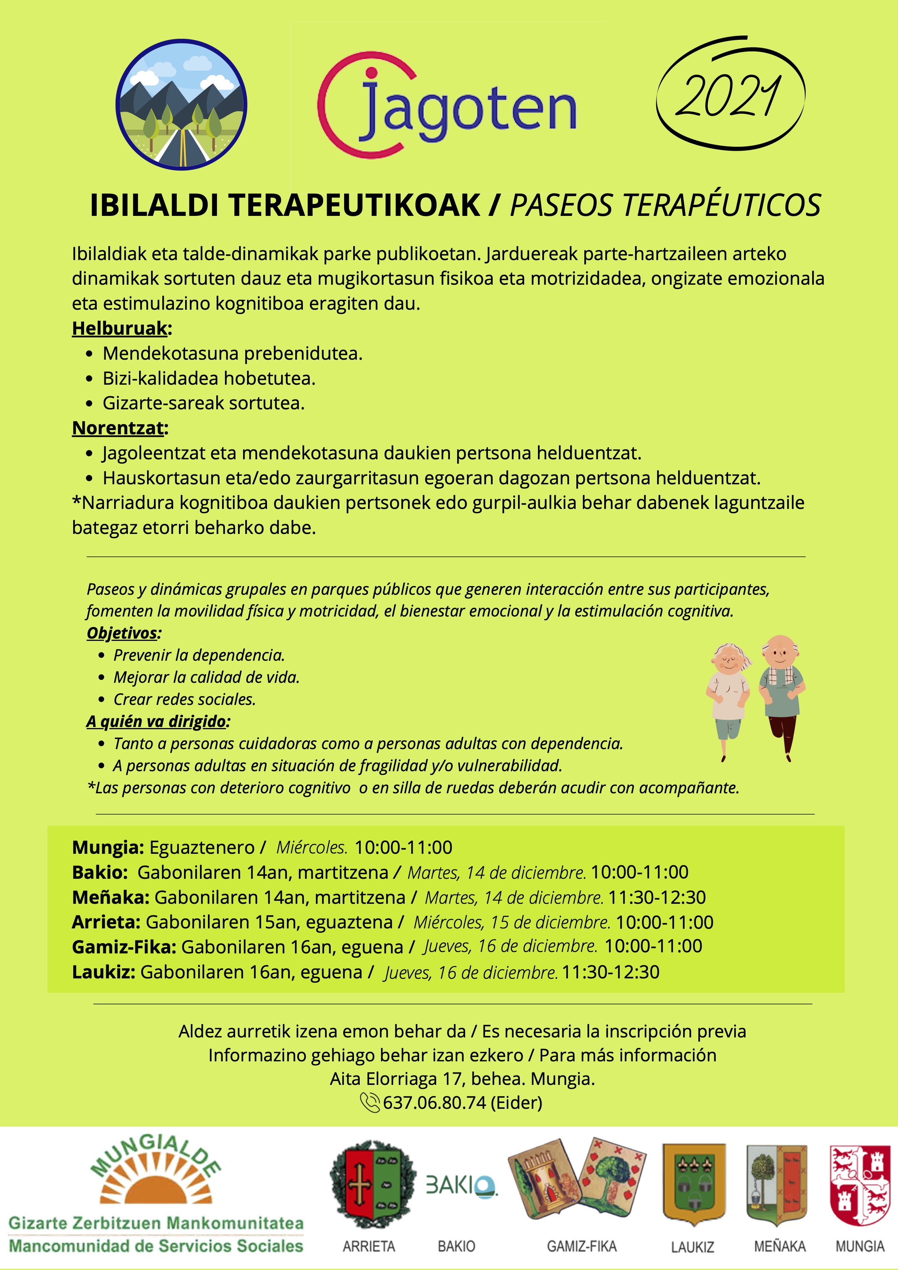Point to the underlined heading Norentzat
(118, 427)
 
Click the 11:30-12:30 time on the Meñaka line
(657, 897)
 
